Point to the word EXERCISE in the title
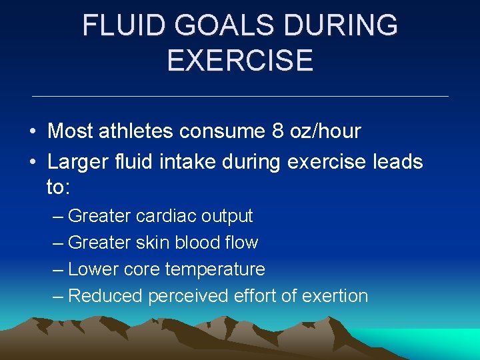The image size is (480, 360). click(x=240, y=60)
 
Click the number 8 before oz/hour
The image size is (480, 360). click(x=277, y=131)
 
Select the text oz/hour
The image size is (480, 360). click(x=325, y=131)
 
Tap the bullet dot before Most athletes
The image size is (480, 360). click(x=33, y=132)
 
